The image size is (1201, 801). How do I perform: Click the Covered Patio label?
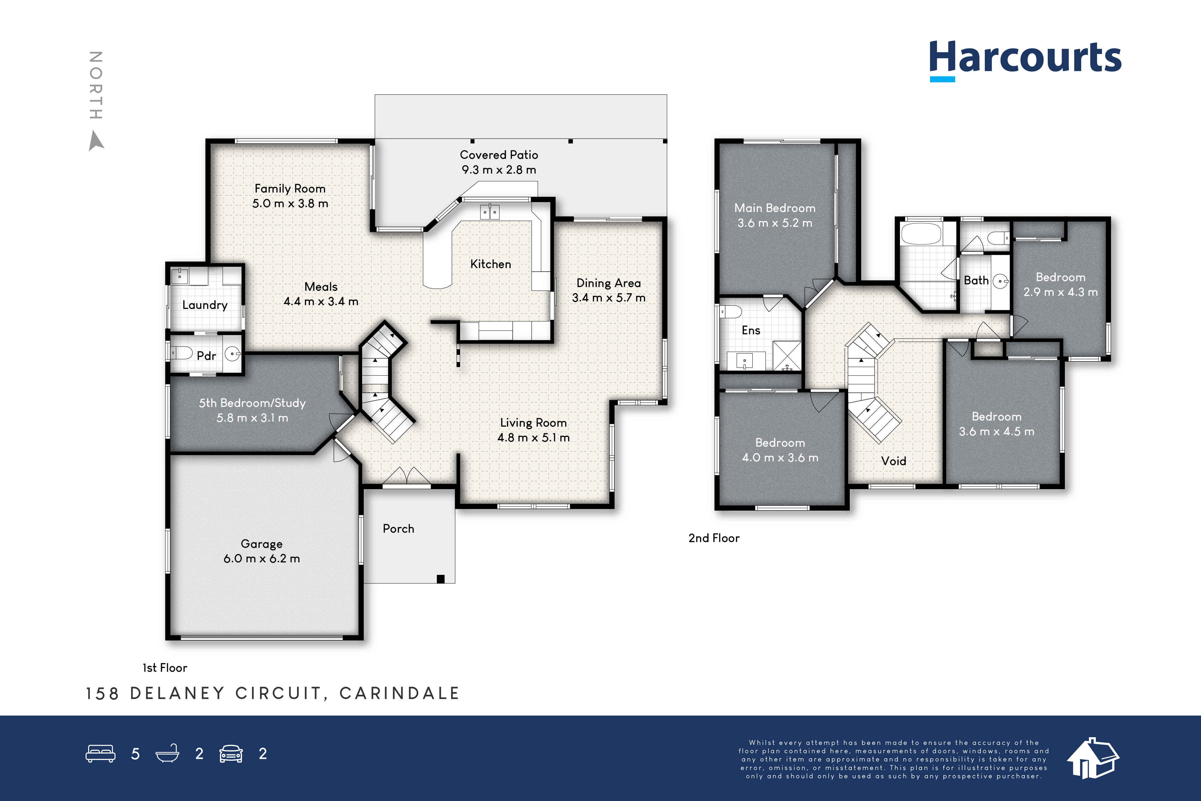pos(499,155)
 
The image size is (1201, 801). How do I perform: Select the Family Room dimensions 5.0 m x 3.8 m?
pos(290,203)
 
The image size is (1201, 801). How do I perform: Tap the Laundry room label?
pos(205,305)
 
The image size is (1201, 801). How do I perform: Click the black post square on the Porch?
pos(441,579)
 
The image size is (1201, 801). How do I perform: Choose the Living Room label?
pos(533,423)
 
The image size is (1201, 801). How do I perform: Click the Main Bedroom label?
pos(775,208)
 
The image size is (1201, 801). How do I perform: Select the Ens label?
pos(750,331)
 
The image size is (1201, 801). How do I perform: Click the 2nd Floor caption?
pos(714,538)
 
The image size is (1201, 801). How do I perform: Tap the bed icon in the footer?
pos(101,753)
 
